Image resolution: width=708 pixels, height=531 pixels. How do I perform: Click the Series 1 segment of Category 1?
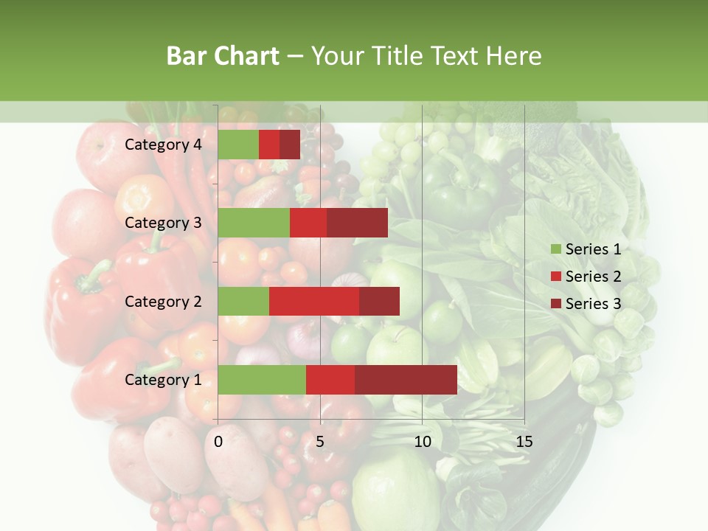(x=262, y=379)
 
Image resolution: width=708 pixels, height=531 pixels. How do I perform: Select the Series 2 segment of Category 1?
(x=330, y=379)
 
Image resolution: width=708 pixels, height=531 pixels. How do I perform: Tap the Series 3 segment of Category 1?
(x=406, y=379)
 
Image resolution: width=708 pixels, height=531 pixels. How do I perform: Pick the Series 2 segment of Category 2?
(x=314, y=301)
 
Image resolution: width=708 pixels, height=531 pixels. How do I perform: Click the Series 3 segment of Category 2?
(x=379, y=301)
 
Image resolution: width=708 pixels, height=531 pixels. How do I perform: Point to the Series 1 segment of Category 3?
(x=254, y=223)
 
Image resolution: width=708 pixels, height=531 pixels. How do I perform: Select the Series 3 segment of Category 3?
(x=357, y=223)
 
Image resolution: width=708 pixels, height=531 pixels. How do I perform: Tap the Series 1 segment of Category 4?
(x=238, y=145)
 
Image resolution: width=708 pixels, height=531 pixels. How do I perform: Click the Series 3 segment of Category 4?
(x=290, y=145)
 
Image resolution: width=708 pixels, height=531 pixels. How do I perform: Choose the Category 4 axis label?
(x=163, y=145)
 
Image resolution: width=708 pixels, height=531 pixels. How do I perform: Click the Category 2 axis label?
(x=163, y=301)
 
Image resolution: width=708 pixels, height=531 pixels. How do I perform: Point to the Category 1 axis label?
(x=163, y=380)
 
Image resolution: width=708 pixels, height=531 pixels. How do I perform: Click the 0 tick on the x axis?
(x=218, y=442)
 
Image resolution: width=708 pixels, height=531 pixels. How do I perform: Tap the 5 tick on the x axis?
(x=320, y=442)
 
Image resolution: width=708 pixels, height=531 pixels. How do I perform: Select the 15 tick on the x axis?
(x=524, y=442)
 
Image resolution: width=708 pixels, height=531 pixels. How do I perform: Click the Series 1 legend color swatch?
(x=555, y=249)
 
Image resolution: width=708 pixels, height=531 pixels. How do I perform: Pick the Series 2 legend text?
(x=593, y=277)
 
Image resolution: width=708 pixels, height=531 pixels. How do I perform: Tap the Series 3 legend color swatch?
(x=555, y=304)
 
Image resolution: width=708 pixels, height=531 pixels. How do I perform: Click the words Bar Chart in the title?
(x=223, y=55)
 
